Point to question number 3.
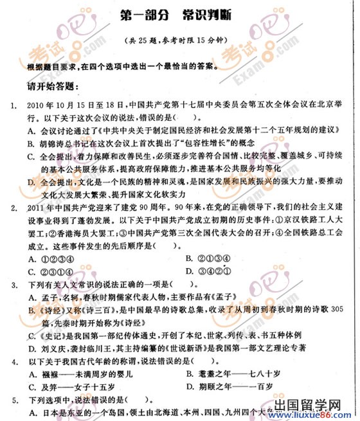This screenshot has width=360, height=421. coord(13,283)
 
